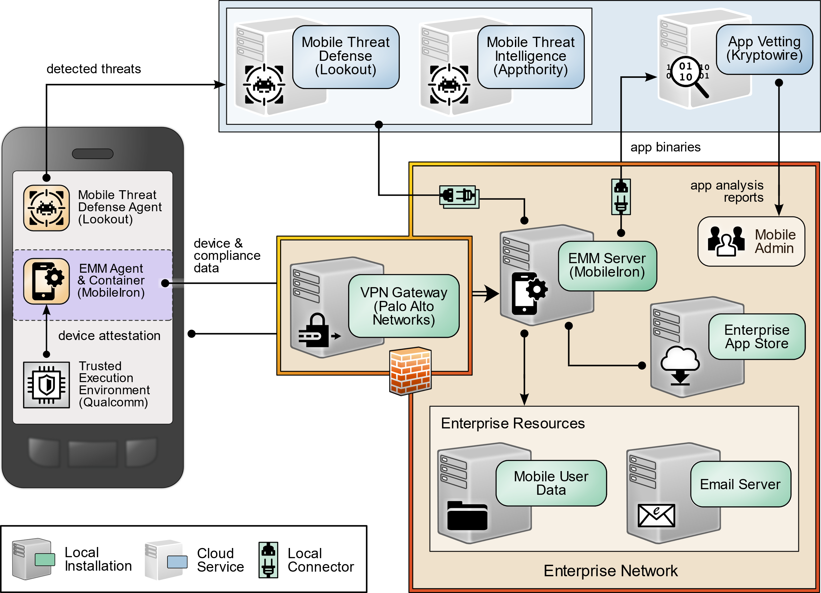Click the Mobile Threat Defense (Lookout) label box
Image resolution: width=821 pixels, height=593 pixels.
coord(345,57)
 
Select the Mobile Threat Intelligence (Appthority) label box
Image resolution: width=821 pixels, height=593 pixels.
coord(530,57)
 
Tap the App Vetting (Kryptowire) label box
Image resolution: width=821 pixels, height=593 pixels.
coord(764,49)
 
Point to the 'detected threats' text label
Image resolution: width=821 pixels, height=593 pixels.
coord(93,69)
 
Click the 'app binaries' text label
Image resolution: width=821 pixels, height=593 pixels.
coord(665,147)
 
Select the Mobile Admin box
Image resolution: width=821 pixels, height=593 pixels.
coord(751,241)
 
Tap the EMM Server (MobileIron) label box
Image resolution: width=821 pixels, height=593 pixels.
coord(607,265)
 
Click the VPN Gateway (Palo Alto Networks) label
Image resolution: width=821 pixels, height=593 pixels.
coord(404,306)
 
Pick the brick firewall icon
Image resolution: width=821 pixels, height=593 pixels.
coord(410,371)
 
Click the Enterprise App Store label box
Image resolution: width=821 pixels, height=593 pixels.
coord(757,336)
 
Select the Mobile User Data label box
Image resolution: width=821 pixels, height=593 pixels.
coord(551,483)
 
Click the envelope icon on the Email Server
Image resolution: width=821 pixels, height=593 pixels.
coord(656,515)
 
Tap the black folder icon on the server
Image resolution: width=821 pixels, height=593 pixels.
coord(467,516)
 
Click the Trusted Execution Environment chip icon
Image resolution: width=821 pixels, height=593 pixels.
coord(46,385)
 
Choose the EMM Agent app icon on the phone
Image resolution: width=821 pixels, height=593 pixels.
coord(46,281)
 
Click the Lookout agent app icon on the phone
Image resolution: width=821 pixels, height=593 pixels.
coord(46,208)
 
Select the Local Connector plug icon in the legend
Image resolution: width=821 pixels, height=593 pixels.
coord(268,560)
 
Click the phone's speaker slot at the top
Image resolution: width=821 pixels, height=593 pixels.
coord(93,154)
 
